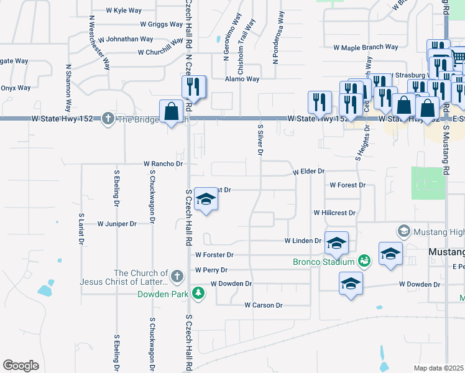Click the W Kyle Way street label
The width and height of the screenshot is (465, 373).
pos(125,11)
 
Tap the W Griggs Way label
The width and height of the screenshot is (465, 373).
pos(148,25)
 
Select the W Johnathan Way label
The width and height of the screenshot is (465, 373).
pos(129,39)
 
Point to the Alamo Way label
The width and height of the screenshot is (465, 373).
pos(242,79)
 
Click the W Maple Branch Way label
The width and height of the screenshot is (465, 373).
pos(366,47)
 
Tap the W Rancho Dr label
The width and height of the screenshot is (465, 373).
pos(163,164)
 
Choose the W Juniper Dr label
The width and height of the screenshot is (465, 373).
pos(117,224)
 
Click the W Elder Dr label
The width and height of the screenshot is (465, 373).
pos(309,171)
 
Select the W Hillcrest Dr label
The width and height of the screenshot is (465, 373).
pos(334,213)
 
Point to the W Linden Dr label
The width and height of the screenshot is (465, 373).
pos(303,241)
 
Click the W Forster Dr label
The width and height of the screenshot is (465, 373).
pos(214,255)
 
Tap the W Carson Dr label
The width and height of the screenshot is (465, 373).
pos(264,305)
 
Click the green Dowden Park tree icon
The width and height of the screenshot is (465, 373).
pos(198,292)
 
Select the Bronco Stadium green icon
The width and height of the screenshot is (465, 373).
pos(363,262)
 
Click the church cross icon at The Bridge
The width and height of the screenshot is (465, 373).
pos(109,119)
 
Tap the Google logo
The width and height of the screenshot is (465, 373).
pos(21,365)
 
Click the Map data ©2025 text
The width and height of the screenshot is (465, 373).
pos(438,368)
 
